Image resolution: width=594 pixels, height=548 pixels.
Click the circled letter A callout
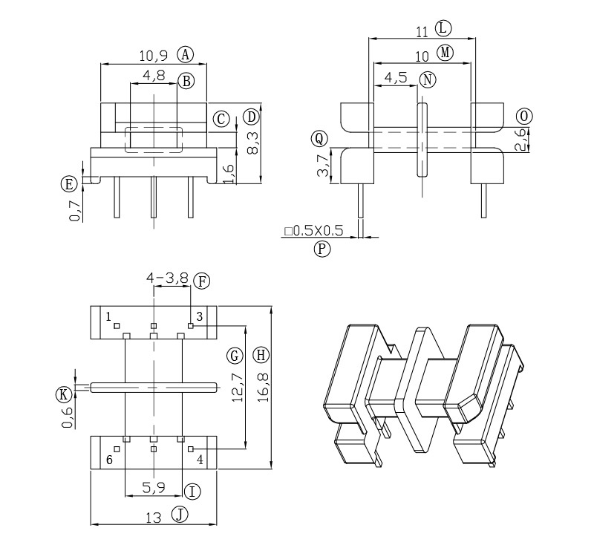pyautogui.click(x=186, y=53)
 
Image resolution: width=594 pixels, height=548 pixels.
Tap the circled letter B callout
pyautogui.click(x=186, y=80)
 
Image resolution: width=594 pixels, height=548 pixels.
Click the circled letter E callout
pyautogui.click(x=69, y=183)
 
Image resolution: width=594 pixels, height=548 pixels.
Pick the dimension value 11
pyautogui.click(x=422, y=30)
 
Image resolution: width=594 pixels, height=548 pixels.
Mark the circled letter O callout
pyautogui.click(x=524, y=116)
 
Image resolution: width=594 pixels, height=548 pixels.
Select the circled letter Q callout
pyautogui.click(x=319, y=138)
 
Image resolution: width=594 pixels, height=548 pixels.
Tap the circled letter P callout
pyautogui.click(x=322, y=249)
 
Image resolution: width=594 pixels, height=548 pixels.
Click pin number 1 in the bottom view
pyautogui.click(x=109, y=316)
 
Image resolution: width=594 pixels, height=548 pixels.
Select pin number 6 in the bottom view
pyautogui.click(x=109, y=460)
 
